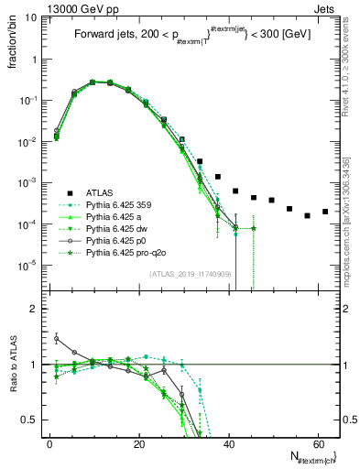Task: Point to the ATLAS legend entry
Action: (x=101, y=192)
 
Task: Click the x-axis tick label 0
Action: (x=49, y=443)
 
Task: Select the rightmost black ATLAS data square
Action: (x=325, y=212)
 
